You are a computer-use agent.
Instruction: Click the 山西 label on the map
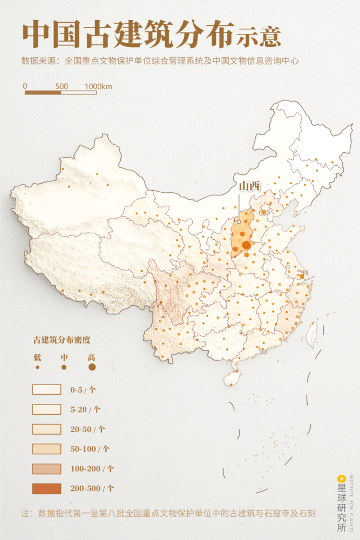[249, 186]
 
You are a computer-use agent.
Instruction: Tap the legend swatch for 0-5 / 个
[46, 389]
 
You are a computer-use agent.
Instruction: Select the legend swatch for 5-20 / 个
[46, 409]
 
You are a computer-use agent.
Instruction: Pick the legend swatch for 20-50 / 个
[46, 429]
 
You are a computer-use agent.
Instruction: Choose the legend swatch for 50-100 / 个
[46, 449]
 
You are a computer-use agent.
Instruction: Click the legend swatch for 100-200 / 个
[46, 469]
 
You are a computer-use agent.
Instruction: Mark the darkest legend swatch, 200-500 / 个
[46, 489]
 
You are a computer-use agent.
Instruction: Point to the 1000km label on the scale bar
[98, 86]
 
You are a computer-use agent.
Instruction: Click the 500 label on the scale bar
[62, 86]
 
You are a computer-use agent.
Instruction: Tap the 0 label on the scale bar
[25, 86]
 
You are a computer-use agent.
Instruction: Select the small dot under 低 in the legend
[37, 367]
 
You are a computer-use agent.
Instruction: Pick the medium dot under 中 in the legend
[64, 367]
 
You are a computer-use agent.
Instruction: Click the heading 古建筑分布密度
[62, 340]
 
